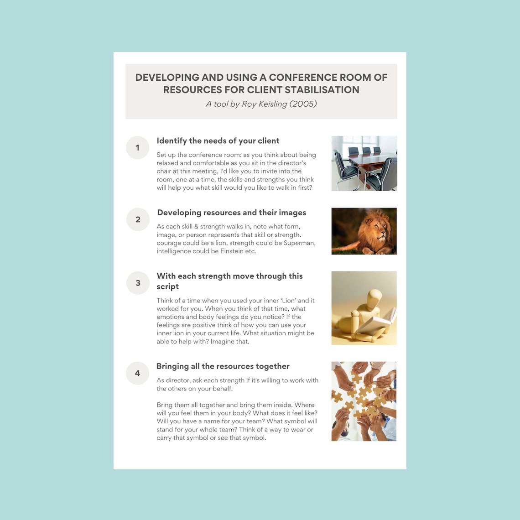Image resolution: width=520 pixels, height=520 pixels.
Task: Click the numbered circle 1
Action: [137, 148]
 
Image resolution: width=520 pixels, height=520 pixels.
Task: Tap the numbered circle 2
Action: [138, 219]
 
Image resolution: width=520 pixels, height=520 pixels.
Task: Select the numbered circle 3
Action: [138, 283]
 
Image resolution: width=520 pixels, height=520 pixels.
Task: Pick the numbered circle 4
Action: [137, 373]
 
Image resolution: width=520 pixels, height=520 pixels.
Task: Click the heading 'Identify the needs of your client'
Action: [218, 141]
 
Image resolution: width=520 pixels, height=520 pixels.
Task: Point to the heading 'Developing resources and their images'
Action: [231, 213]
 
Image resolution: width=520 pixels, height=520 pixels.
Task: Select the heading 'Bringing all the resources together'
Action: [223, 366]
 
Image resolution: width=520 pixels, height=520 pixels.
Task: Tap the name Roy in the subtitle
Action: [249, 104]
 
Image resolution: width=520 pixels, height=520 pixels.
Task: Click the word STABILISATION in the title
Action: [315, 90]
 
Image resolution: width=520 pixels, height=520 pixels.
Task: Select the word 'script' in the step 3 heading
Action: [167, 287]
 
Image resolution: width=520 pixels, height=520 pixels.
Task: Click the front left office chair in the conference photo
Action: [345, 171]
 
